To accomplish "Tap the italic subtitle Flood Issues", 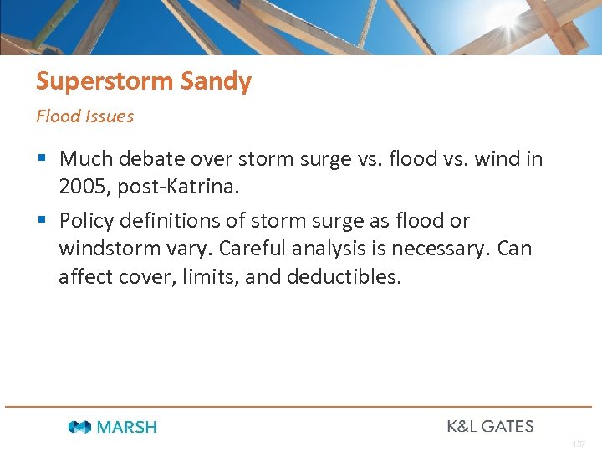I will pos(84,116).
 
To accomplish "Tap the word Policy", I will pos(86,221).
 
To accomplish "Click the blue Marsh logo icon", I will pos(80,427).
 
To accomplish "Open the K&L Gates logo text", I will pos(490,426).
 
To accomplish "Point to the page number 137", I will pos(579,444).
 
